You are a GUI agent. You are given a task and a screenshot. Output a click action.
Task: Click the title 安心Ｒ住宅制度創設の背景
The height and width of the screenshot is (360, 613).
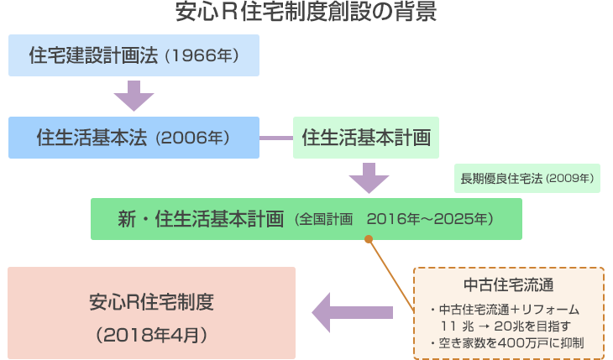coord(306,13)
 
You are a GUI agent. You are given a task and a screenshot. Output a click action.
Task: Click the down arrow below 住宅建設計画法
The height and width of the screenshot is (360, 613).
coord(134,96)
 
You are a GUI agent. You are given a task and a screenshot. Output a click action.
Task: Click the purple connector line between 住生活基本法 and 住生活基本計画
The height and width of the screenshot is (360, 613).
coord(275,138)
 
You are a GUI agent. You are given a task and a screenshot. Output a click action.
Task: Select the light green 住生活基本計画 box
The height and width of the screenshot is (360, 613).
coord(365,137)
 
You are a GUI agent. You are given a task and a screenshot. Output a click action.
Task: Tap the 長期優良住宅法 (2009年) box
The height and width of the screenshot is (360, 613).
coord(527,178)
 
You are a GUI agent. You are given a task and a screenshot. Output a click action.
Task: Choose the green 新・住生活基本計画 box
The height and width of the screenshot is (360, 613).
coord(306,219)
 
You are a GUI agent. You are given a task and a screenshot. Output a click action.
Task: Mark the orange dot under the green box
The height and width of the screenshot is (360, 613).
coord(368,240)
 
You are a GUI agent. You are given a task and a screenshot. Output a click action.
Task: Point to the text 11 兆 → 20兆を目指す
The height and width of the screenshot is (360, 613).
coord(505,326)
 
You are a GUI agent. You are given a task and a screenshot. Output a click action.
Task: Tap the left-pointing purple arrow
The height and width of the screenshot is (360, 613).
coord(353,313)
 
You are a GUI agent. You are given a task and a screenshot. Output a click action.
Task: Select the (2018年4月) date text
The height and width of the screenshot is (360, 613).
coord(151,334)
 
